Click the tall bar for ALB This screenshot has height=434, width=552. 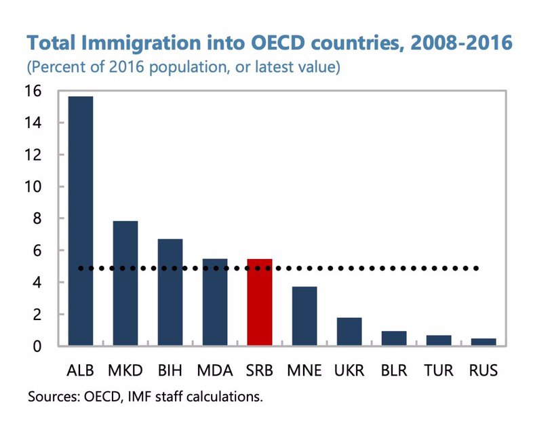click(80, 221)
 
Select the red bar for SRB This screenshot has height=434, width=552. click(259, 302)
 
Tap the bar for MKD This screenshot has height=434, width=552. click(125, 283)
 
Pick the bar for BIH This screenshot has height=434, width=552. click(170, 292)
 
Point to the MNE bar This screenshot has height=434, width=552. click(304, 316)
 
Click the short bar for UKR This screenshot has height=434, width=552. click(349, 332)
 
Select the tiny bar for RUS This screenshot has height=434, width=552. click(483, 342)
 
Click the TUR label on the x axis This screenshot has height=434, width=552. click(438, 371)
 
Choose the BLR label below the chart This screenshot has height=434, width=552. click(393, 371)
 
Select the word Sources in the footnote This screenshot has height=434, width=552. click(53, 396)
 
